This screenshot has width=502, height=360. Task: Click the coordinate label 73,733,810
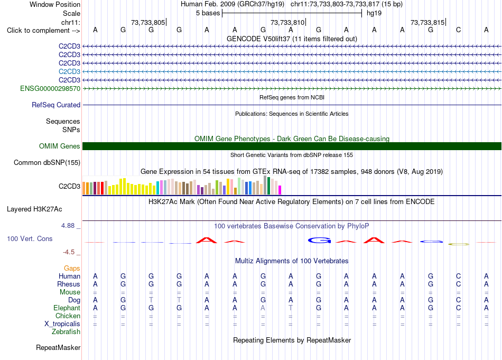[287, 22]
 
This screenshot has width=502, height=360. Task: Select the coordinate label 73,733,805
[148, 22]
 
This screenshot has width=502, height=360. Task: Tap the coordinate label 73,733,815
[427, 22]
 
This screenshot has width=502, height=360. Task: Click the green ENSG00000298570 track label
[50, 88]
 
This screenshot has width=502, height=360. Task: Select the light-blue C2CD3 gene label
[69, 71]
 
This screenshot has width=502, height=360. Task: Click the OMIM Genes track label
[60, 146]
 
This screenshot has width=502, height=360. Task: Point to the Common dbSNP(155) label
[47, 162]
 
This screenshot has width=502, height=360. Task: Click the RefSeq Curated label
[56, 105]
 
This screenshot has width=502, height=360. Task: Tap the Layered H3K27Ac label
[34, 209]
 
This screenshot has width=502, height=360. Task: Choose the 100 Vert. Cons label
[30, 238]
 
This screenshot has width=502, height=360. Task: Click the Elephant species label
[67, 308]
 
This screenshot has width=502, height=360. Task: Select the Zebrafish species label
[66, 331]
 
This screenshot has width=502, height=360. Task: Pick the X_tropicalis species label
[62, 324]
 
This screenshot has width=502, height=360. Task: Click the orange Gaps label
[72, 268]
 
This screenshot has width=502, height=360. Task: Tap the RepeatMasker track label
[58, 347]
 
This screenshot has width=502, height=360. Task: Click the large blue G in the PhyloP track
[319, 240]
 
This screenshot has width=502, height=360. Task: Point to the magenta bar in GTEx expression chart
[280, 190]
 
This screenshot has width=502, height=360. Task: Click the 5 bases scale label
[208, 13]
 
